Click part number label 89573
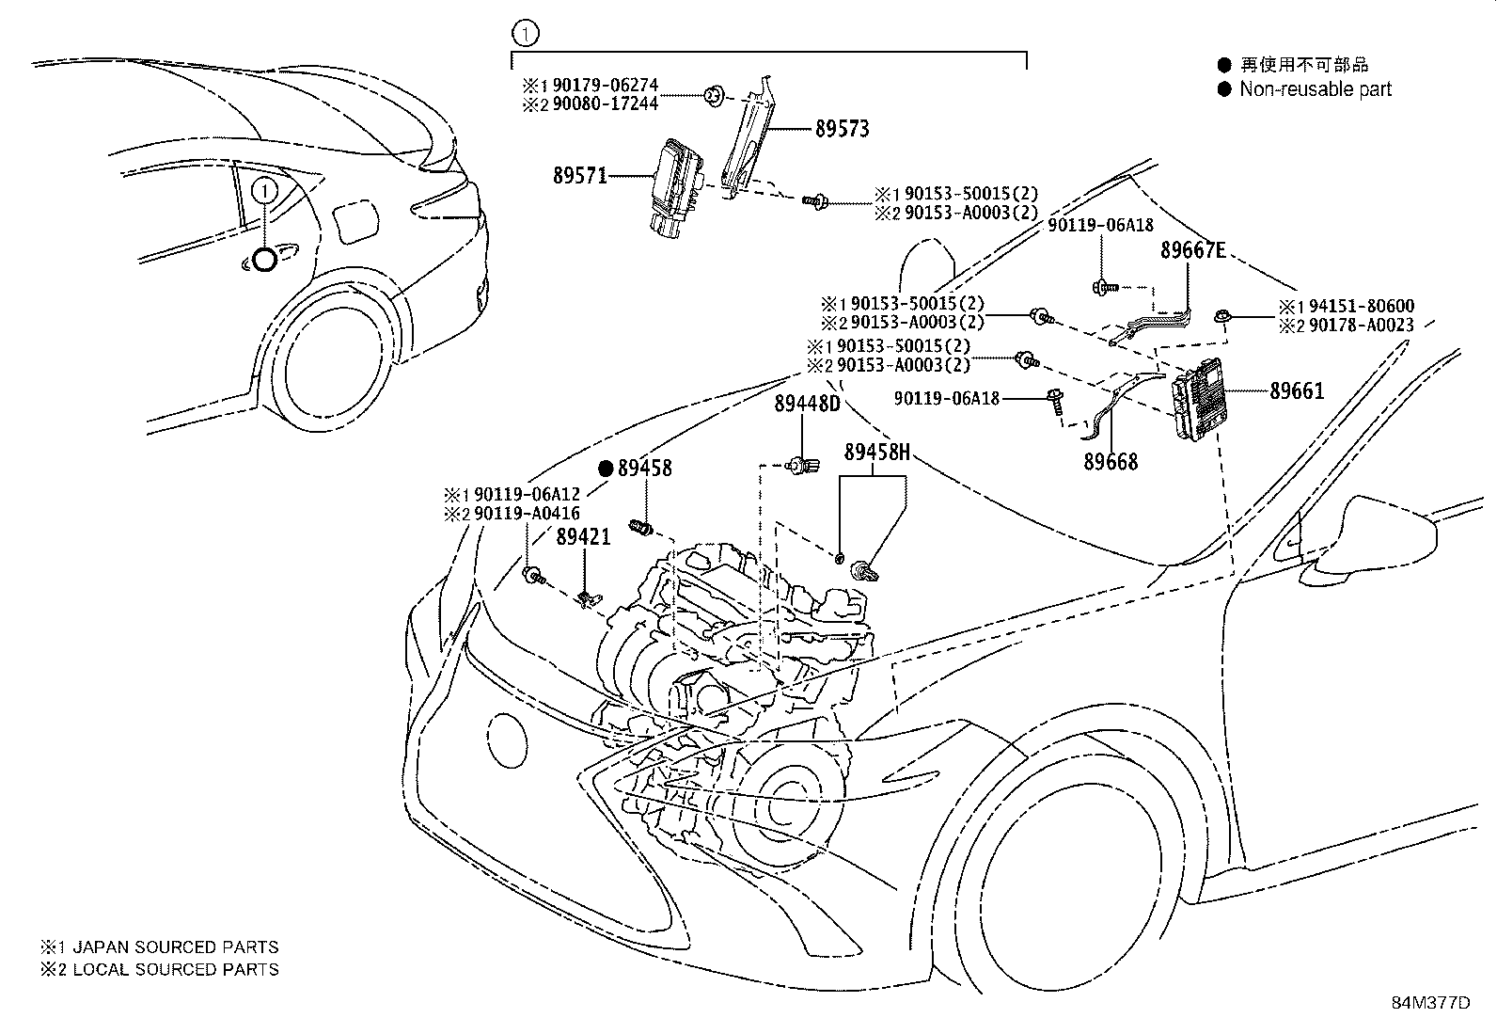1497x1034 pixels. pyautogui.click(x=843, y=128)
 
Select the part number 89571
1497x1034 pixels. pyautogui.click(x=580, y=175)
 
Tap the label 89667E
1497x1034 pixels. pyautogui.click(x=1193, y=250)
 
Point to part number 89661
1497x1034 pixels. pyautogui.click(x=1297, y=390)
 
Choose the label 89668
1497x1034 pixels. pyautogui.click(x=1111, y=461)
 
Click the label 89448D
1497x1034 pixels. pyautogui.click(x=808, y=404)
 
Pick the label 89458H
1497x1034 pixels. pyautogui.click(x=876, y=453)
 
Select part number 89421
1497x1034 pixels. pyautogui.click(x=583, y=536)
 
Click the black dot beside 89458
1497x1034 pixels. pyautogui.click(x=606, y=469)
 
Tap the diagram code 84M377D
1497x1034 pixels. pyautogui.click(x=1431, y=1003)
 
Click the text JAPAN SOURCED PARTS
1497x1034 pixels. pyautogui.click(x=176, y=947)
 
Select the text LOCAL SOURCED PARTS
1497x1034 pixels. pyautogui.click(x=176, y=969)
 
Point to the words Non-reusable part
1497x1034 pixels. pyautogui.click(x=1316, y=89)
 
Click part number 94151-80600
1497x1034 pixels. pyautogui.click(x=1362, y=306)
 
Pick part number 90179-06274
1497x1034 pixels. pyautogui.click(x=606, y=85)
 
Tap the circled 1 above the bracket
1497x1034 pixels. pyautogui.click(x=526, y=33)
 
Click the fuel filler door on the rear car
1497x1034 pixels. pyautogui.click(x=355, y=221)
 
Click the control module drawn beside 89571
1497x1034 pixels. pyautogui.click(x=676, y=187)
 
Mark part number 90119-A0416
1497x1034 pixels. pyautogui.click(x=527, y=514)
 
